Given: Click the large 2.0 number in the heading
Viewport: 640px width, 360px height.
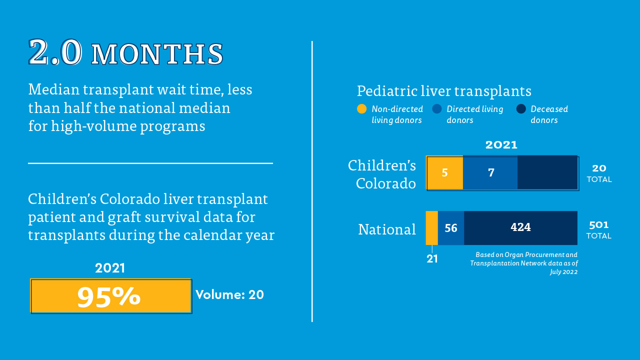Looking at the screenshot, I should (x=55, y=52).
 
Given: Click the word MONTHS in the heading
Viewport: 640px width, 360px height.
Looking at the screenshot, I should (x=157, y=54).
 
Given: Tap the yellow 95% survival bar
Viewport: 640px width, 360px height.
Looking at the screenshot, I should (x=111, y=296).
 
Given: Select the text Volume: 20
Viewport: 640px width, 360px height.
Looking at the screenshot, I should (x=229, y=294).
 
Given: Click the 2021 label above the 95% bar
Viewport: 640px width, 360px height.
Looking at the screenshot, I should (x=110, y=268).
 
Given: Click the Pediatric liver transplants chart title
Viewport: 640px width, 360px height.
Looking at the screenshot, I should (x=444, y=91).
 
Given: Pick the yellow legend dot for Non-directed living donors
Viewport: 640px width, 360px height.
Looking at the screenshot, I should (x=361, y=109).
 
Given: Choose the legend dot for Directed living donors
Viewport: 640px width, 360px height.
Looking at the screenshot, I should (x=437, y=109).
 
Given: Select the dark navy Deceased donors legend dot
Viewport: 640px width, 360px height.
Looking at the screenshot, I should (x=521, y=109).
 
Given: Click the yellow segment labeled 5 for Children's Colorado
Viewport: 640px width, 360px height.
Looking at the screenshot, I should (x=444, y=172).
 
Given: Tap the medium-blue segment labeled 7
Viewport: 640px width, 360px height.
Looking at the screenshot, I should (x=490, y=172).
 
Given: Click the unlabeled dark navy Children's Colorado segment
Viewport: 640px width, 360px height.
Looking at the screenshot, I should (x=547, y=172).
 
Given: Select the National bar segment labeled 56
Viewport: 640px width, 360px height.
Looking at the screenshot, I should (x=451, y=228).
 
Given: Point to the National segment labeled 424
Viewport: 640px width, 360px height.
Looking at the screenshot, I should (x=520, y=227).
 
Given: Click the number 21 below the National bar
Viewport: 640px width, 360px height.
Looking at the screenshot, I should (x=432, y=259).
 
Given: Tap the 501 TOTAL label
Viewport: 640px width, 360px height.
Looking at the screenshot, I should (x=599, y=230).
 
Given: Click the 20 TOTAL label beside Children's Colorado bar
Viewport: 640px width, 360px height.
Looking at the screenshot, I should (x=599, y=173).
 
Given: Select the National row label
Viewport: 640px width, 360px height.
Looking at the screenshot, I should (x=387, y=229).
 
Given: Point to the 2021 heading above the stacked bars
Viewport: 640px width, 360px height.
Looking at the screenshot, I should (x=501, y=145).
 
